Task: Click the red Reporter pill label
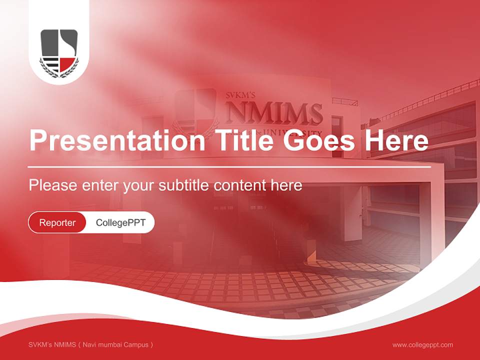coord(57,222)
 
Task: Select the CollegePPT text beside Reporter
coord(120,222)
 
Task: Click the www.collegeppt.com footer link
coord(422,344)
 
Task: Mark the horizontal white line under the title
coord(229,167)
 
